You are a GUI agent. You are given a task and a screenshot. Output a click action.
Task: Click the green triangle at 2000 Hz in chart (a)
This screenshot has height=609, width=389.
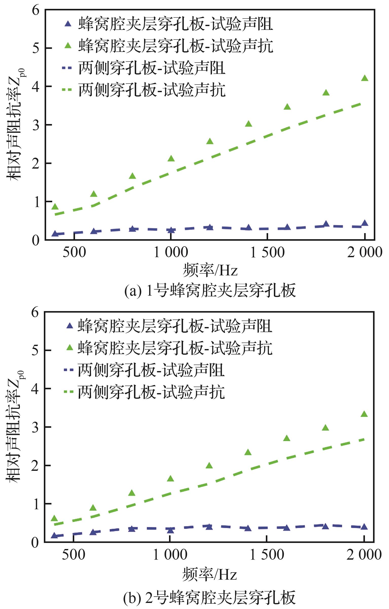364,78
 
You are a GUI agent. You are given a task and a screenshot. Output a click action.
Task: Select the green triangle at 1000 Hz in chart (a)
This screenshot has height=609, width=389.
171,159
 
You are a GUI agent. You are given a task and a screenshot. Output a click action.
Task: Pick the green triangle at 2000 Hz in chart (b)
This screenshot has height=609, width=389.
364,414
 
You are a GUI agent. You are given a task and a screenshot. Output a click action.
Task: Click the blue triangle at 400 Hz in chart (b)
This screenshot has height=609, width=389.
54,535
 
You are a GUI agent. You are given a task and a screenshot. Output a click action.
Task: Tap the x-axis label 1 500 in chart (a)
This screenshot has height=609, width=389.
267,253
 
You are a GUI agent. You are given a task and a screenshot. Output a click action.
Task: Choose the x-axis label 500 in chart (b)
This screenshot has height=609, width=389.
73,555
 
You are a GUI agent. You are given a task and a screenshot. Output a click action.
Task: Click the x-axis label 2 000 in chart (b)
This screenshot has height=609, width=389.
364,555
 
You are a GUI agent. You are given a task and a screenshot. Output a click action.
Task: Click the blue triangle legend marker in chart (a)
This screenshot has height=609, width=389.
68,24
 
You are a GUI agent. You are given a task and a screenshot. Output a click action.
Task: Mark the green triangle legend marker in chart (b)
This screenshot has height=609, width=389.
69,348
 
